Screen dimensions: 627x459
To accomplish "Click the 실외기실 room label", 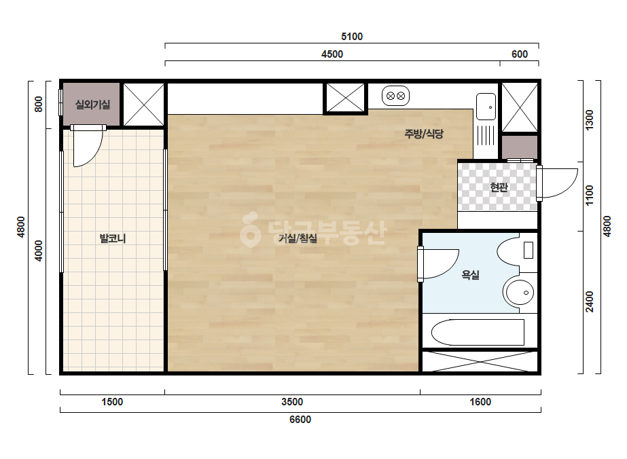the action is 92,105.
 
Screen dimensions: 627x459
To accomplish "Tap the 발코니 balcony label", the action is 113,239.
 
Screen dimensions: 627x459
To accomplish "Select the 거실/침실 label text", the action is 298,239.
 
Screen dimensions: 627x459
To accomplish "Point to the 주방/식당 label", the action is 424,134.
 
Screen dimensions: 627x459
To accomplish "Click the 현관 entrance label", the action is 499,187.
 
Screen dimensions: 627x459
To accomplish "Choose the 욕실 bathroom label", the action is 470,275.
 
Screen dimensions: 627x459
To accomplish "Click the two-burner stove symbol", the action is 395,96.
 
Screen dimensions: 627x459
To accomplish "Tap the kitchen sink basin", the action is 486,107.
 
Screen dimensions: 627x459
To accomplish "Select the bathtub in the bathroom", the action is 478,332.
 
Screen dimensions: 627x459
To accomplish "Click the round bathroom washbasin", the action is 518,292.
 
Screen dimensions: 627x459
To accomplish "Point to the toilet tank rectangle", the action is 529,251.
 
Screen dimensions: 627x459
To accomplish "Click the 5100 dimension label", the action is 352,37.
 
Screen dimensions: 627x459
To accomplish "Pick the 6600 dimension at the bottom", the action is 300,420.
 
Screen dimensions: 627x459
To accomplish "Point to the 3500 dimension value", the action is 292,402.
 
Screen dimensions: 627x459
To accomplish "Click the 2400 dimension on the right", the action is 590,302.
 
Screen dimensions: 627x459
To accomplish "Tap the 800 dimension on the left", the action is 39,105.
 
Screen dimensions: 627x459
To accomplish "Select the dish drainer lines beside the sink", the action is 486,135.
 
